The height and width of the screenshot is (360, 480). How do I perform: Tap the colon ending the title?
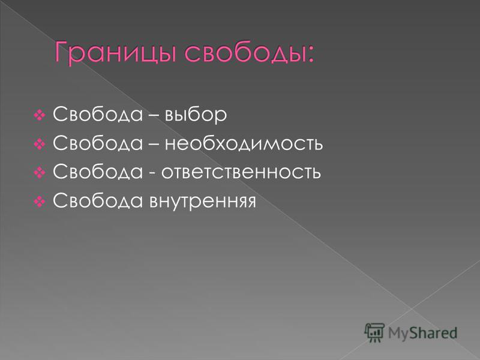[311, 55]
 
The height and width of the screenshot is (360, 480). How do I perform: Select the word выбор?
[196, 114]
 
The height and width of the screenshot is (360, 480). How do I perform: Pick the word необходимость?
[244, 143]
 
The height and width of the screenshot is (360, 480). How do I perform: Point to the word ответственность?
[241, 172]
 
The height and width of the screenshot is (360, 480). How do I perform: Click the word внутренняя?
[203, 202]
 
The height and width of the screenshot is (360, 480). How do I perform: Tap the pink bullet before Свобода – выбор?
[40, 115]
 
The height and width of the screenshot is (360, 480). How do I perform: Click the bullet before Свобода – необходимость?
[40, 144]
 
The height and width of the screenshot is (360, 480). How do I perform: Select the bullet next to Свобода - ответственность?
[40, 173]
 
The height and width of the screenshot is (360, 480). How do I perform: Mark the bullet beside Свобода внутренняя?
[40, 202]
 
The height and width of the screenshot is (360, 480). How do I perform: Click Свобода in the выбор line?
[98, 114]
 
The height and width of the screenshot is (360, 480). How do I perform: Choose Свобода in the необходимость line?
[98, 143]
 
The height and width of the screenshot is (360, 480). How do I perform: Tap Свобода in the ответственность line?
[98, 172]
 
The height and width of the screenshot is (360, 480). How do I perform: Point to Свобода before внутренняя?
[98, 200]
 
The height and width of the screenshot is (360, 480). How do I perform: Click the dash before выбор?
[154, 115]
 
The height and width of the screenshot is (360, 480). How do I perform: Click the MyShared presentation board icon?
[374, 332]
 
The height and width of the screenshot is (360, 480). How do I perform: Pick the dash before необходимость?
[154, 144]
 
